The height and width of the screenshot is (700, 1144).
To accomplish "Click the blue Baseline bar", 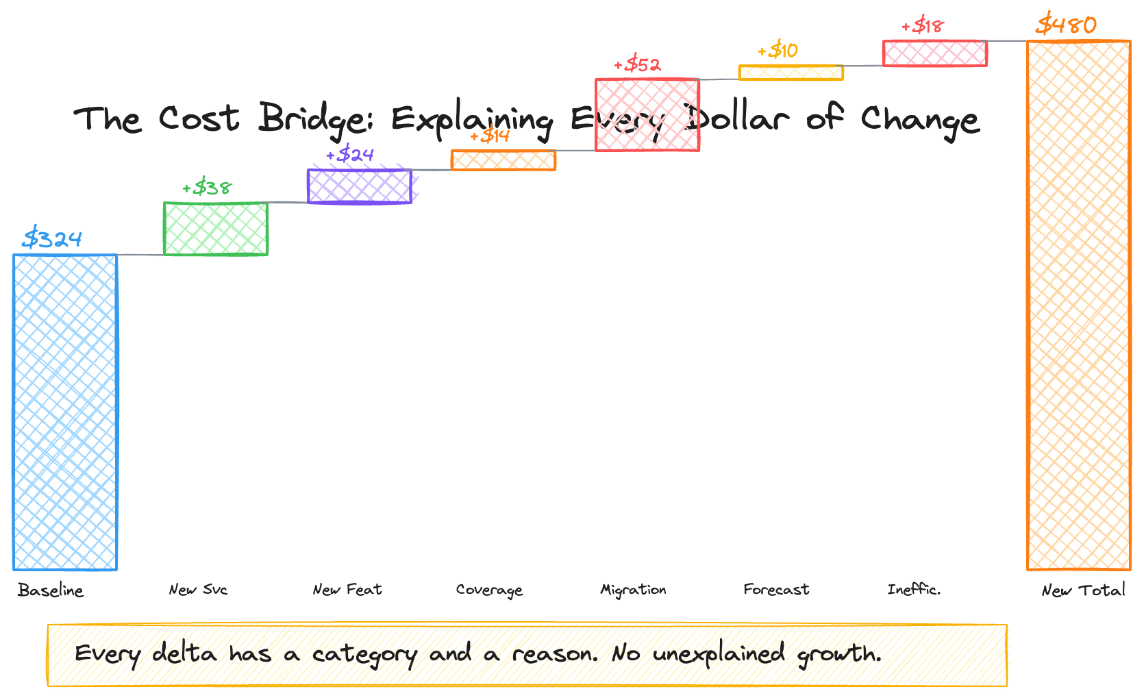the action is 65,412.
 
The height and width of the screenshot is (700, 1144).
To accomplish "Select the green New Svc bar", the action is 216,229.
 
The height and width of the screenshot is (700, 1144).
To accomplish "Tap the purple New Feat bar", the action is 360,186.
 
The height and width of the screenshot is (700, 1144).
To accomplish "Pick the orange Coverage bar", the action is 503,160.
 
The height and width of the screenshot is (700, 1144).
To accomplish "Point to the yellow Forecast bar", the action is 791,73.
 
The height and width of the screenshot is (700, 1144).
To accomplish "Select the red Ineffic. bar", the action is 935,53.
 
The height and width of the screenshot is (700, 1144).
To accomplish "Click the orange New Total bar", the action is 1079,305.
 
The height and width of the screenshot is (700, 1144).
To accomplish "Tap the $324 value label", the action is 52,238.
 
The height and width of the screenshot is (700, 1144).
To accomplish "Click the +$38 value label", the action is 207,187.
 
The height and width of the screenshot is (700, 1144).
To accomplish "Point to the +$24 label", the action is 350,154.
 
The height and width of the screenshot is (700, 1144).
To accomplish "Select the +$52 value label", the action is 638,64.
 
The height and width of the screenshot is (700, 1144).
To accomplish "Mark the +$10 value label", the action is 778,50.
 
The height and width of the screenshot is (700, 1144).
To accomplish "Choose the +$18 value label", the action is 923,26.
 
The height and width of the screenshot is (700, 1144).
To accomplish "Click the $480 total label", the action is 1067,25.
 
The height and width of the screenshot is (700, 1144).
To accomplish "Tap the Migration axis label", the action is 633,590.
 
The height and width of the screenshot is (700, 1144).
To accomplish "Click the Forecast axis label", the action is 776,590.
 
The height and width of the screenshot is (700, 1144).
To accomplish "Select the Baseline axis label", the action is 51,590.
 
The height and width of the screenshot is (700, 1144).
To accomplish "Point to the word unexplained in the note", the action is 719,654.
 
